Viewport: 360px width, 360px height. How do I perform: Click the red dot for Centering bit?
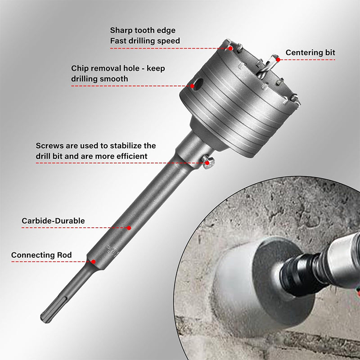278,60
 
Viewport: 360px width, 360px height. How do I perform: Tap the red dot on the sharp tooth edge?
230,49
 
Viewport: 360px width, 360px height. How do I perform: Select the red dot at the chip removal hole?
193,86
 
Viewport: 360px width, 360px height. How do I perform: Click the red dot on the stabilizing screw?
207,163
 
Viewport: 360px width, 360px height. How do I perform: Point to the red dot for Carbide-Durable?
129,228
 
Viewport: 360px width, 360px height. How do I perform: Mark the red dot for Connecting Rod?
93,262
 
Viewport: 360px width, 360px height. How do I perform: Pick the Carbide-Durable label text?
53,221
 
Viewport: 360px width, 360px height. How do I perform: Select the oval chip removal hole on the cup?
198,84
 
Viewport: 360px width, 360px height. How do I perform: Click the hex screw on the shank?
208,162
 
